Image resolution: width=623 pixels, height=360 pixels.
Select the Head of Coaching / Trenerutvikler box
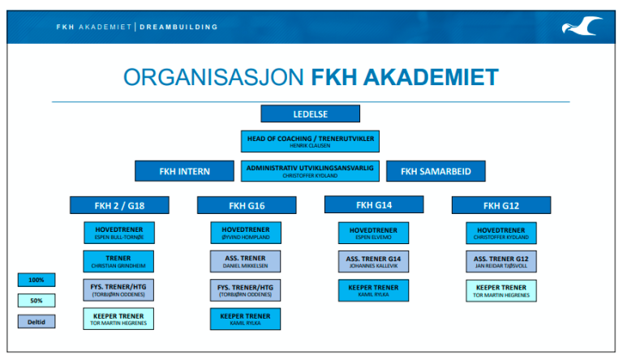pyautogui.click(x=311, y=141)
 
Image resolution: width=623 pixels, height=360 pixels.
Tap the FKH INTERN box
pyautogui.click(x=184, y=171)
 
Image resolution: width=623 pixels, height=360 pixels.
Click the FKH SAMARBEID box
pyautogui.click(x=436, y=171)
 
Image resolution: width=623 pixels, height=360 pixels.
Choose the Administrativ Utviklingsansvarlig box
pyautogui.click(x=311, y=170)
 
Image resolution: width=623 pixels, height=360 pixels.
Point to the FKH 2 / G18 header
pyautogui.click(x=119, y=205)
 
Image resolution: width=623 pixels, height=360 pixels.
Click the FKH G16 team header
pyautogui.click(x=247, y=205)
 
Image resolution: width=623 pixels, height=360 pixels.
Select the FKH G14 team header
pyautogui.click(x=374, y=204)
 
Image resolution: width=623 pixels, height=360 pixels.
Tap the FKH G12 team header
pyautogui.click(x=501, y=205)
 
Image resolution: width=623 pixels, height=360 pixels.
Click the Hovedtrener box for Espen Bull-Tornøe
pyautogui.click(x=119, y=233)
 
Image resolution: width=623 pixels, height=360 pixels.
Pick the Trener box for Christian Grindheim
pyautogui.click(x=119, y=261)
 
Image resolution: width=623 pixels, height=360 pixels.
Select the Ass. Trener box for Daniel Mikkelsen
pyautogui.click(x=247, y=261)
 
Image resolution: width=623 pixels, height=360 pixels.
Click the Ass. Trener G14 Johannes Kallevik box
pyautogui.click(x=374, y=261)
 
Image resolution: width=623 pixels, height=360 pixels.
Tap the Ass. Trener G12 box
pyautogui.click(x=501, y=261)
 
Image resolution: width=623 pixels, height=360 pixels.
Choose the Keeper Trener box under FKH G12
pyautogui.click(x=501, y=290)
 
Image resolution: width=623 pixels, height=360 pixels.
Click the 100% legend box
pyautogui.click(x=37, y=280)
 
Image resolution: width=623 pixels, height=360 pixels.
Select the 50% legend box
pyautogui.click(x=37, y=300)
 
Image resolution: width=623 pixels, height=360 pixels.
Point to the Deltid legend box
pyautogui.click(x=37, y=321)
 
